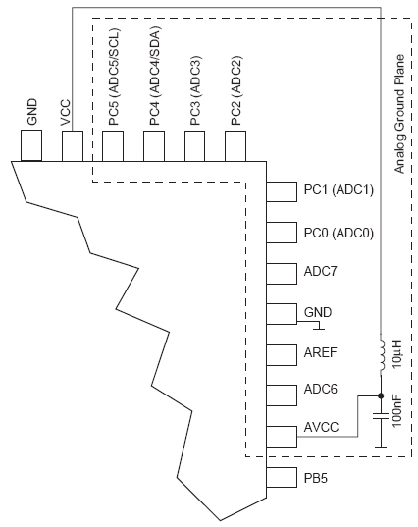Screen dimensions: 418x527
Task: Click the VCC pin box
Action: pos(73,146)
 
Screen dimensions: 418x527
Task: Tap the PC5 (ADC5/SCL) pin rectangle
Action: pos(113,146)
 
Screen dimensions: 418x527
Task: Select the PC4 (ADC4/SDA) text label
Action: pos(155,76)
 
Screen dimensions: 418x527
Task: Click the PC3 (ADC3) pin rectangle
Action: pos(195,146)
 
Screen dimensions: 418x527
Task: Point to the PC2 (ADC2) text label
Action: pos(235,90)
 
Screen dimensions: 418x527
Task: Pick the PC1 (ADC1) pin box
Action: pos(282,192)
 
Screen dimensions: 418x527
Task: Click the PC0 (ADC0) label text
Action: pos(339,233)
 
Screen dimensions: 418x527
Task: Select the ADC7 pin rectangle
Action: pos(282,274)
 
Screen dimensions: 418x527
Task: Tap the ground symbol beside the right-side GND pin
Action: pos(319,326)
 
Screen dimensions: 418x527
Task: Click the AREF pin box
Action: pos(282,355)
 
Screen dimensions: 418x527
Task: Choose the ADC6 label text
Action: pos(320,389)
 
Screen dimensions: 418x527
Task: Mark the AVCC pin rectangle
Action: pos(282,437)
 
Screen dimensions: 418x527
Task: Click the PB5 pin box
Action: pos(282,477)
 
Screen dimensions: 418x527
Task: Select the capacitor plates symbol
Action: pos(381,416)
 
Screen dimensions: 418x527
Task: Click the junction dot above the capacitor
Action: pos(381,395)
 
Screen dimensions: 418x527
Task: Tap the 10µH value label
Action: pos(396,354)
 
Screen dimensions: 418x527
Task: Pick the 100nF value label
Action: pos(396,411)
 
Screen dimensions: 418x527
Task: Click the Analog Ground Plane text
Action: pos(399,114)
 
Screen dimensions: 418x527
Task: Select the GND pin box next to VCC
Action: pos(31,145)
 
